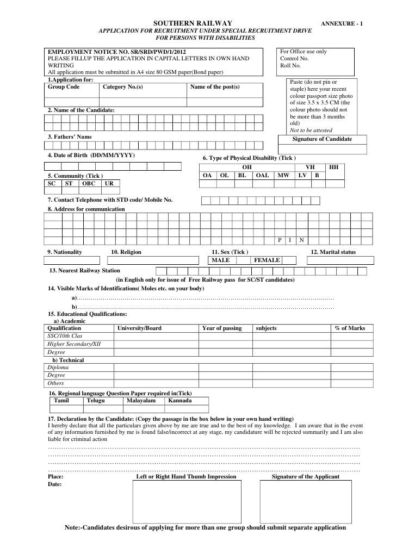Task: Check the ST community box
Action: click(x=69, y=184)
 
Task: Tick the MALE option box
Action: click(x=221, y=260)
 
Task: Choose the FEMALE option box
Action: click(x=267, y=260)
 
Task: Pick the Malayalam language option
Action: click(x=141, y=401)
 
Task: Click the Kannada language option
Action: click(x=180, y=401)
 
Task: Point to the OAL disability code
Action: click(x=262, y=176)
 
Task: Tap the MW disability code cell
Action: click(x=283, y=176)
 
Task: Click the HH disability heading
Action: click(x=334, y=167)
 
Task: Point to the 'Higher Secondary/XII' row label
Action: click(x=74, y=344)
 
